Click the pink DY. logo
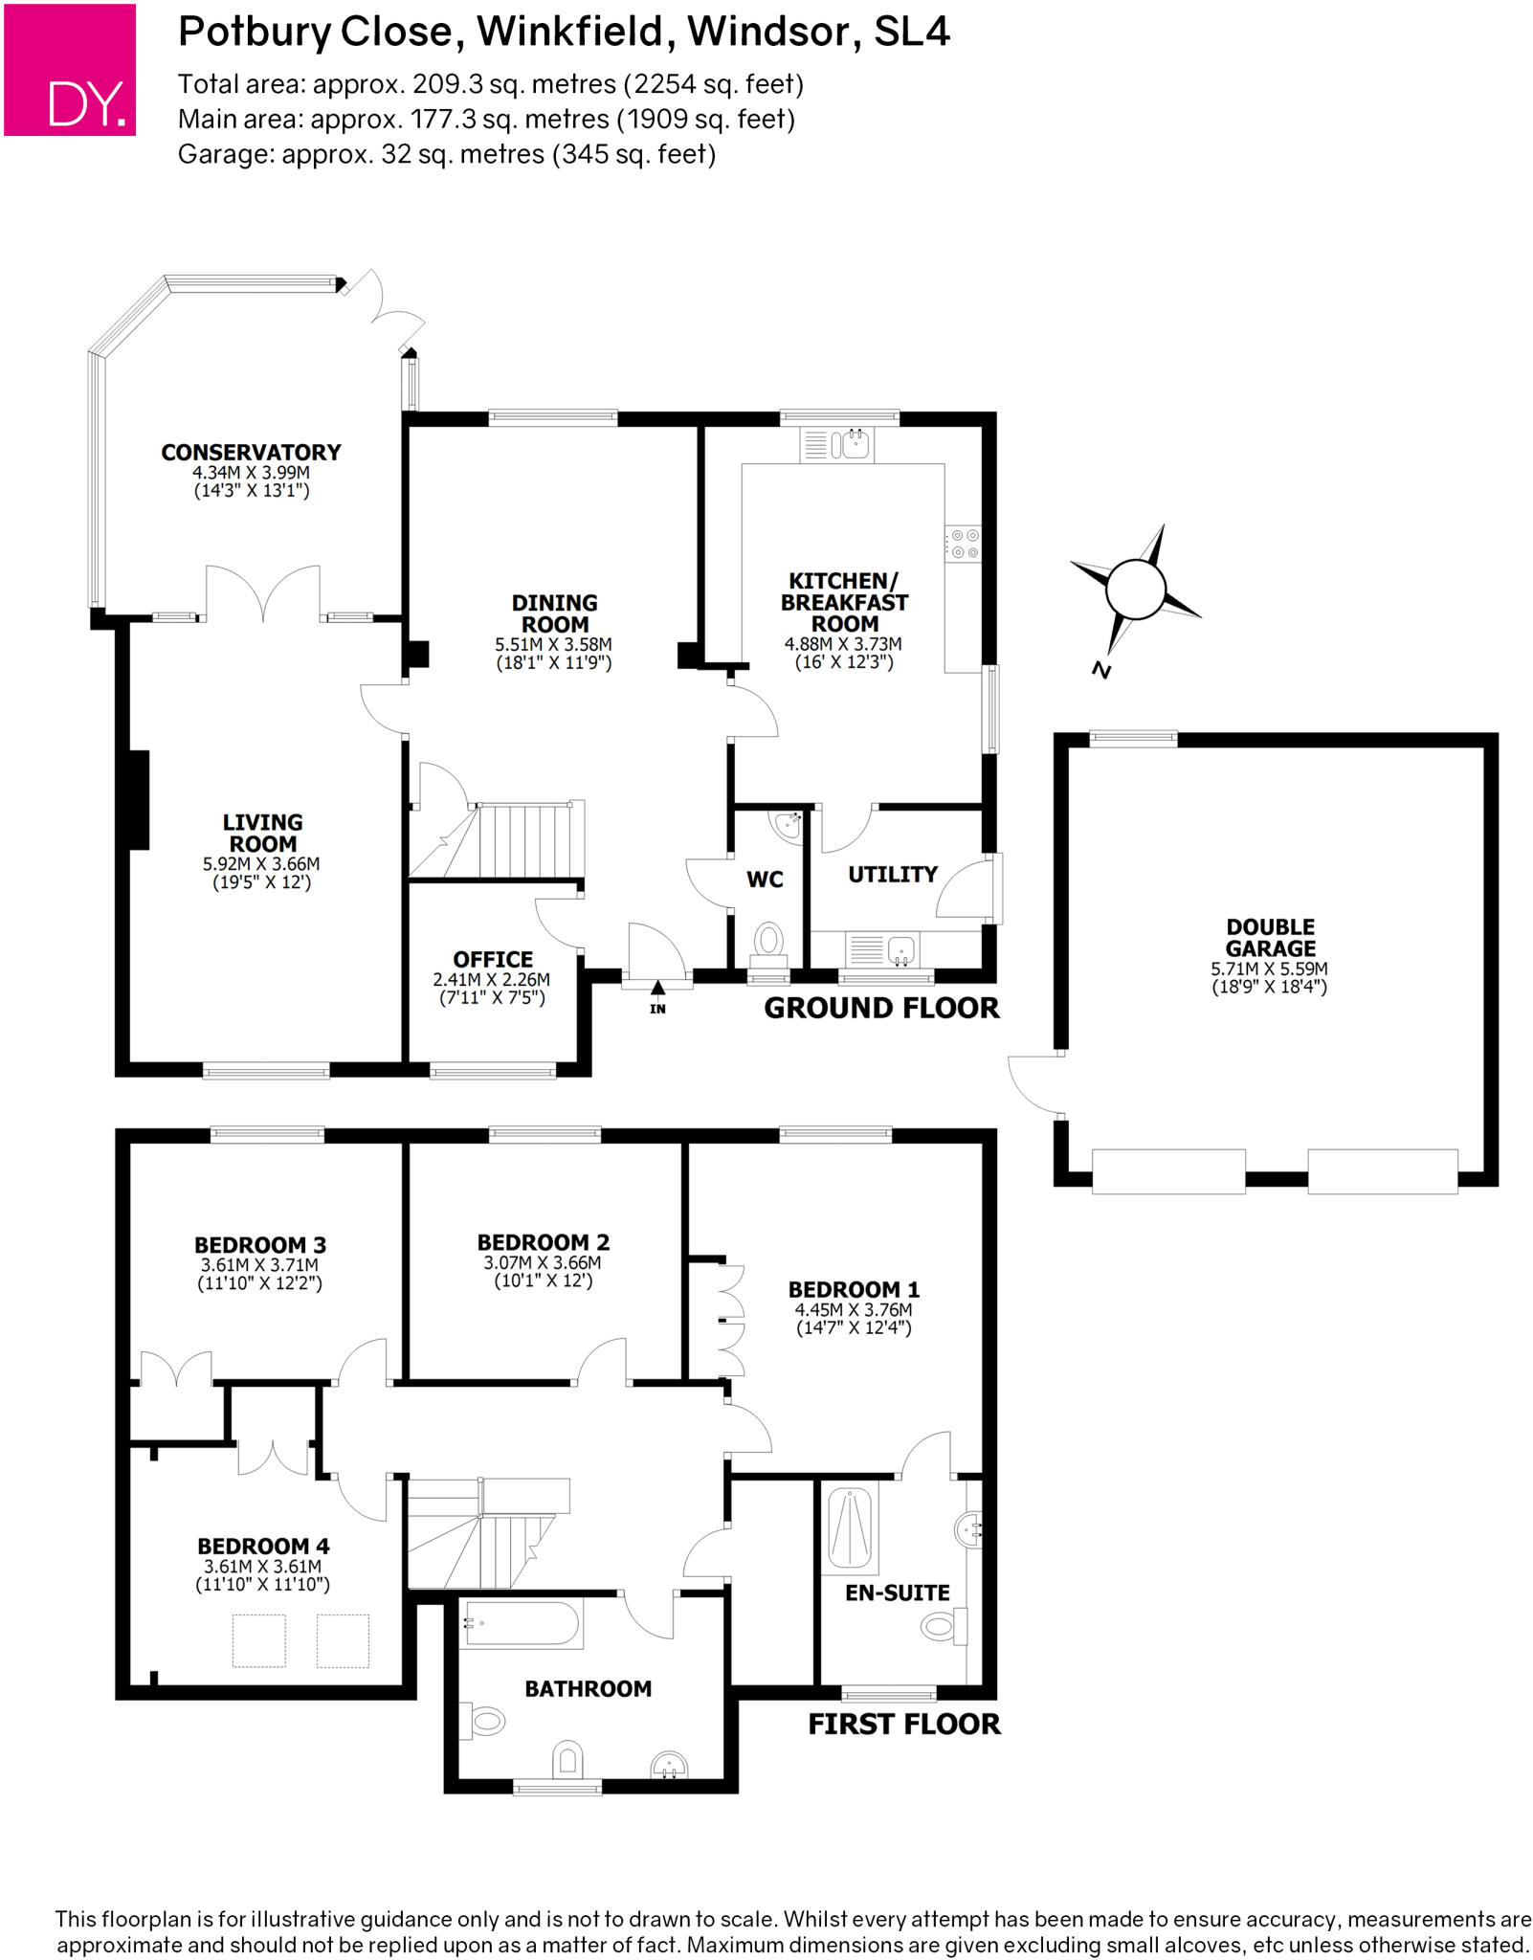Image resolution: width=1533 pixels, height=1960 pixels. click(x=70, y=70)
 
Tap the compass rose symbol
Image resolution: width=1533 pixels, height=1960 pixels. click(x=1135, y=590)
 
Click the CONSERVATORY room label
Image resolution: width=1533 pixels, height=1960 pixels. click(x=251, y=453)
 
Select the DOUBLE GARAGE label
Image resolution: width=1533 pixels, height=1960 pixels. click(x=1270, y=938)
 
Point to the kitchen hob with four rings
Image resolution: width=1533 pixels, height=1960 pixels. click(x=963, y=545)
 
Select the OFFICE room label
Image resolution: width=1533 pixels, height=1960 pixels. click(x=493, y=959)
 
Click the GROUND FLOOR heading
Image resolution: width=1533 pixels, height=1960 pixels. click(x=881, y=1008)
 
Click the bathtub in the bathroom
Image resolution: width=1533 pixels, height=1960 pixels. click(x=522, y=1623)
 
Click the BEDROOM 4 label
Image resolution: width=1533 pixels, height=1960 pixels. click(x=263, y=1546)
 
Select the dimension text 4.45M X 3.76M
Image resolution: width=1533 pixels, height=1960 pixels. click(x=853, y=1309)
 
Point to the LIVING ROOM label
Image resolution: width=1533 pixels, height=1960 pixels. click(x=262, y=833)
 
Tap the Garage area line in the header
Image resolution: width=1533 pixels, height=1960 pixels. click(x=447, y=153)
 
